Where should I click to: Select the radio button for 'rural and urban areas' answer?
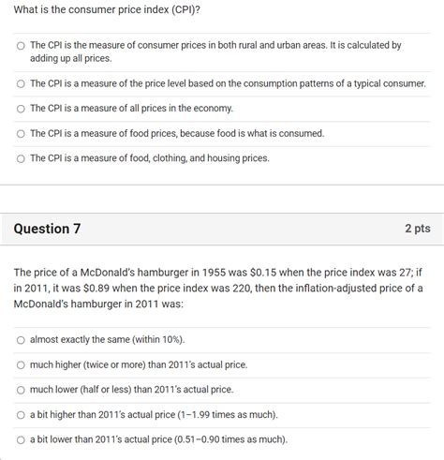pos(21,45)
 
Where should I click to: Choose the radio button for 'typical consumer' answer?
pos(21,83)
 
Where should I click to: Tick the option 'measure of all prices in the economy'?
pos(21,109)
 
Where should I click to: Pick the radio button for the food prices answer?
pos(21,134)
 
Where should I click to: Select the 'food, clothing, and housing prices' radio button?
pos(21,158)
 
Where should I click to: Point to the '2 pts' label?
pos(417,229)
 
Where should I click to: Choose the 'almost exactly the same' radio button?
pos(21,339)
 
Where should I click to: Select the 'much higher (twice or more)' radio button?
pos(21,364)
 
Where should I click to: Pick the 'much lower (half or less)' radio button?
pos(21,390)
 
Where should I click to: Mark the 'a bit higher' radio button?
pos(21,415)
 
